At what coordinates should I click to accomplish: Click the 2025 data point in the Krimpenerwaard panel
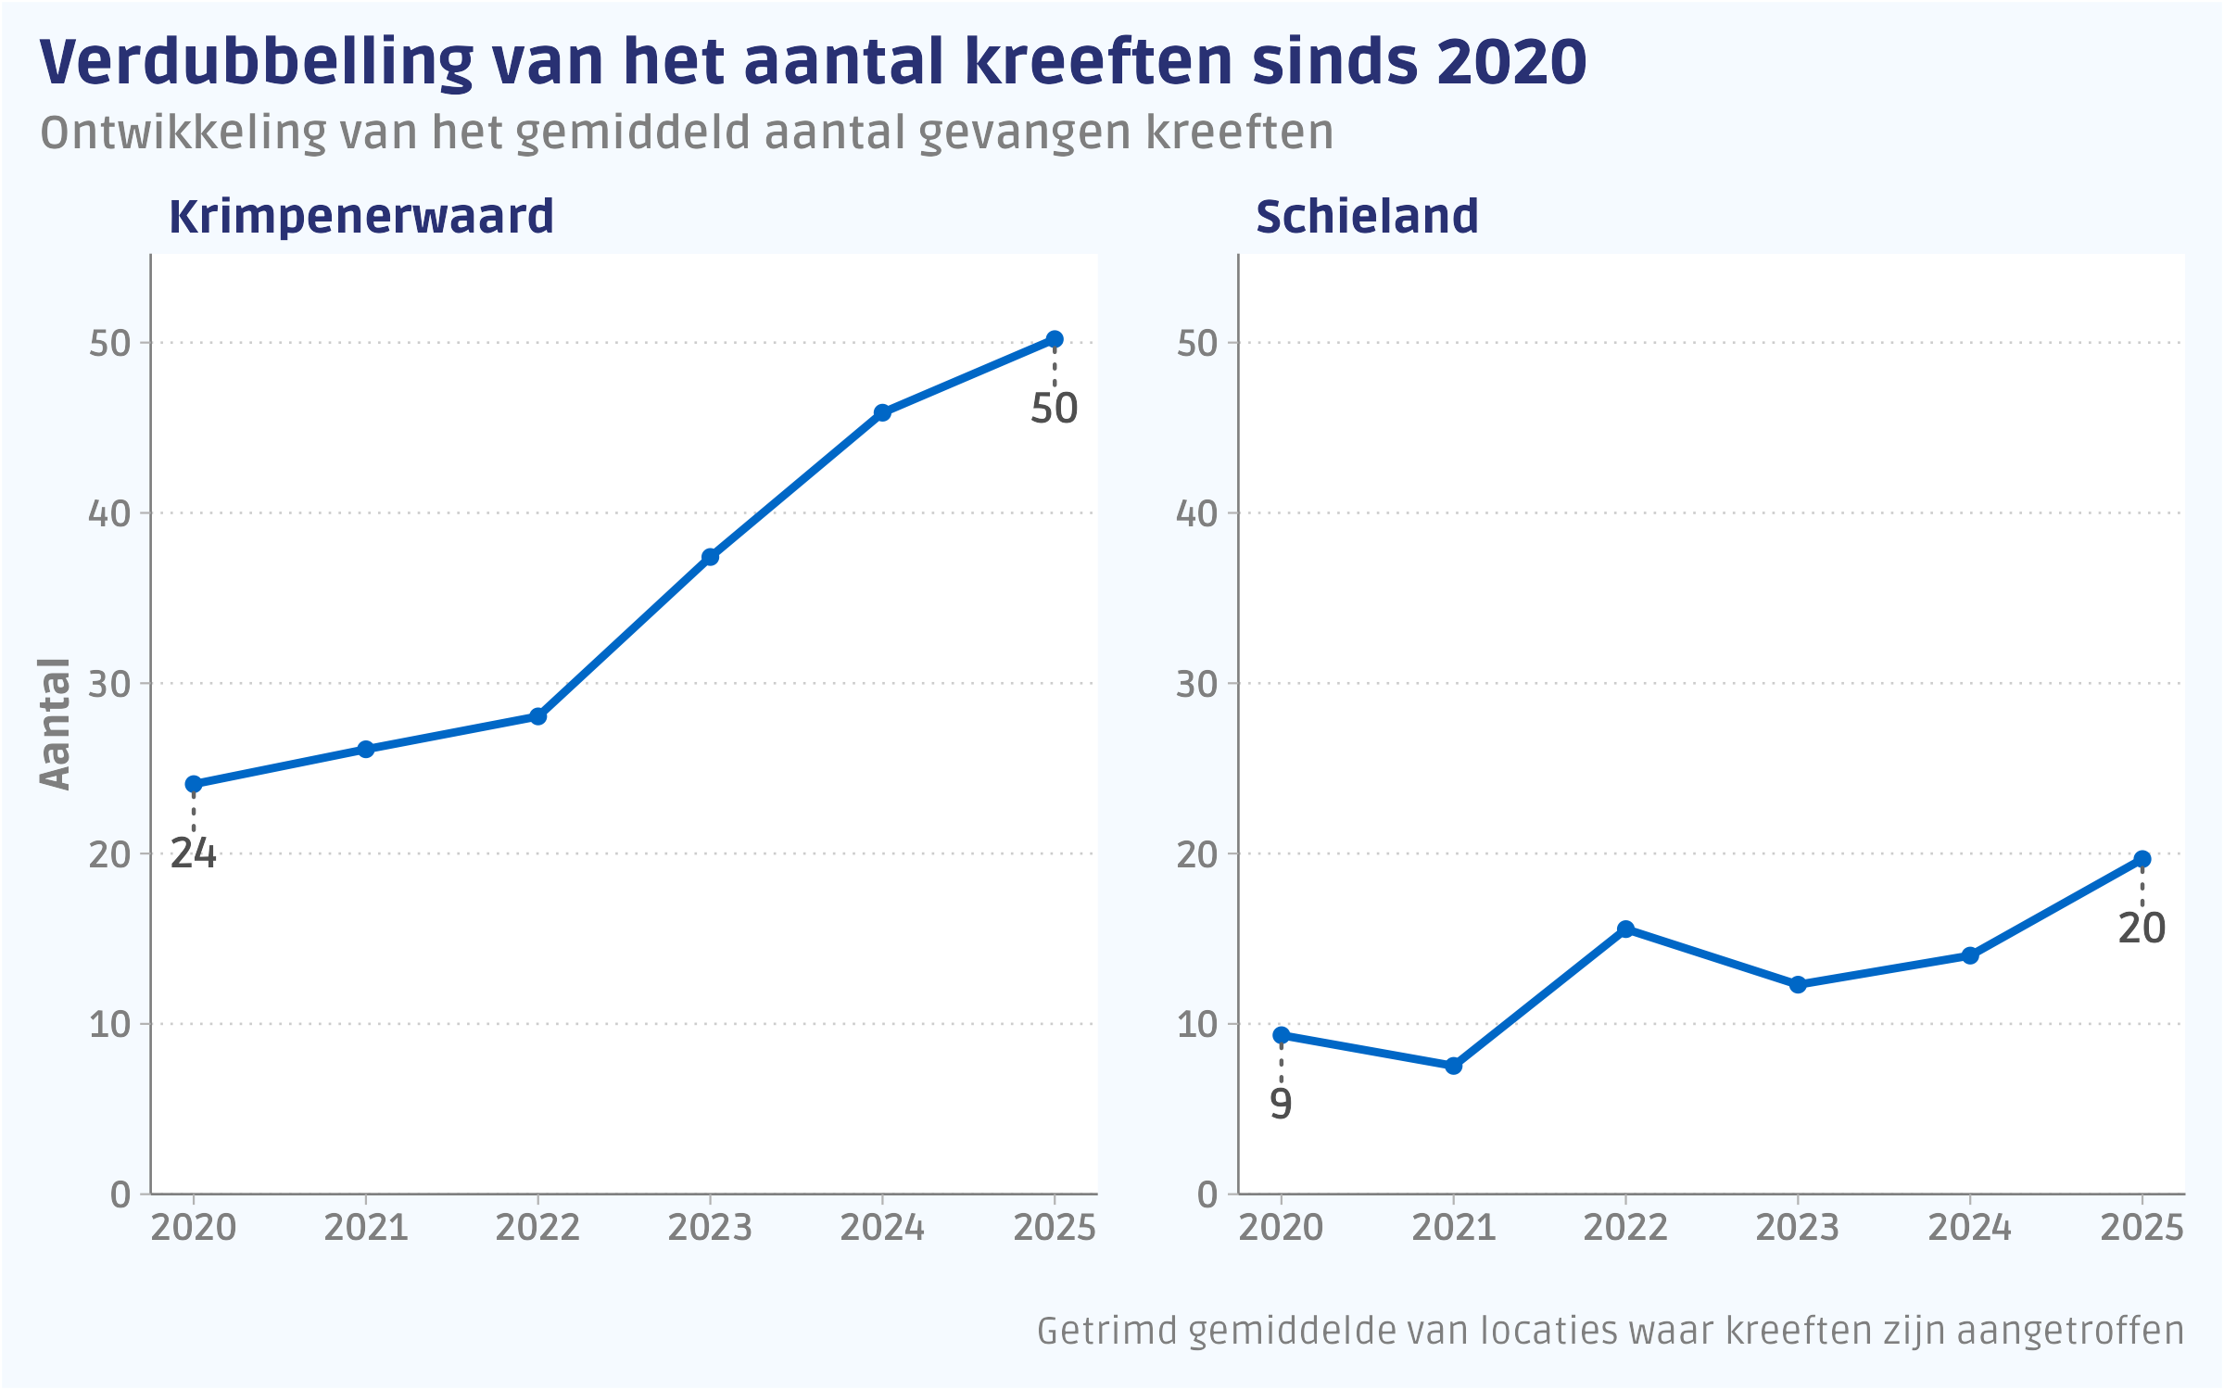pyautogui.click(x=1055, y=339)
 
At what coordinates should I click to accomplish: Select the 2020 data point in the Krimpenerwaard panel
pyautogui.click(x=194, y=785)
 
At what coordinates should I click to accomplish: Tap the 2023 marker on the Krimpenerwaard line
pyautogui.click(x=710, y=557)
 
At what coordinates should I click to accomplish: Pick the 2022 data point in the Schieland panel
pyautogui.click(x=1625, y=929)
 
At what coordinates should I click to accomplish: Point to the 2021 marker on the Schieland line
pyautogui.click(x=1454, y=1066)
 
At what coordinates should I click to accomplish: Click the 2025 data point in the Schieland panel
pyautogui.click(x=2142, y=860)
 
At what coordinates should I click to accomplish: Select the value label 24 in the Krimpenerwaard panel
pyautogui.click(x=193, y=853)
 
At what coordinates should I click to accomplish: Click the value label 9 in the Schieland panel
pyautogui.click(x=1281, y=1104)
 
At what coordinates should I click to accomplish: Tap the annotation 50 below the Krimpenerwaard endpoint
pyautogui.click(x=1054, y=409)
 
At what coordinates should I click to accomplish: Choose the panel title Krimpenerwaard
pyautogui.click(x=361, y=217)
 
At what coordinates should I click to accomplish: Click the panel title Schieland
pyautogui.click(x=1366, y=217)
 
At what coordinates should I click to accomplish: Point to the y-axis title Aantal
pyautogui.click(x=56, y=724)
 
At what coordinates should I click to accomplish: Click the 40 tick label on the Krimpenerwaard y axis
pyautogui.click(x=109, y=513)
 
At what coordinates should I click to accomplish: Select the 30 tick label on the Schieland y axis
pyautogui.click(x=1196, y=684)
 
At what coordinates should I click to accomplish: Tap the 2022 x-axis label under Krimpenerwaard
pyautogui.click(x=537, y=1228)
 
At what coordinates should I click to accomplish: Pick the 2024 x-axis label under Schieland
pyautogui.click(x=1969, y=1228)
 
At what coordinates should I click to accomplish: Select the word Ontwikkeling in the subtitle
pyautogui.click(x=183, y=133)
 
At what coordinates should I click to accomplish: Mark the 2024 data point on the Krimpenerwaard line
pyautogui.click(x=882, y=412)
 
